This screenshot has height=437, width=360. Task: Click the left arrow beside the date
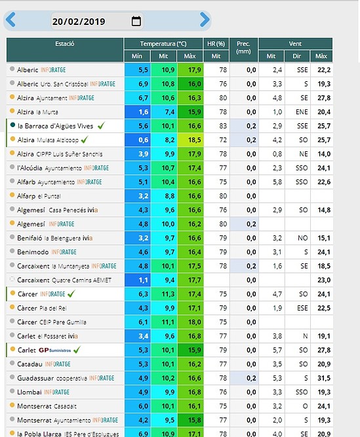point(10,20)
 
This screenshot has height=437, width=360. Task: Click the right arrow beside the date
point(205,20)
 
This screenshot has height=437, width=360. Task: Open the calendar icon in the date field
point(136,21)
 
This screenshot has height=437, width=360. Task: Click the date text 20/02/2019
point(79,22)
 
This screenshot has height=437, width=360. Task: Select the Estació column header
point(65,44)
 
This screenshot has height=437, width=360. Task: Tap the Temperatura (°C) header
point(163,44)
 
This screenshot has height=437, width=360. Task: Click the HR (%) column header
point(216,44)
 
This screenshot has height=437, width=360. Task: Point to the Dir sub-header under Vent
point(296,56)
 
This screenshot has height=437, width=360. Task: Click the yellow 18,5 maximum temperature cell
point(190,140)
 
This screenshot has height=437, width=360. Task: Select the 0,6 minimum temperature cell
point(138,140)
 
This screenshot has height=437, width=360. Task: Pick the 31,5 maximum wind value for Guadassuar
point(324,378)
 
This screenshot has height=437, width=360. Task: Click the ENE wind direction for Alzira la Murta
point(302,112)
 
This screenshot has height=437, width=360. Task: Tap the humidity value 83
point(223,126)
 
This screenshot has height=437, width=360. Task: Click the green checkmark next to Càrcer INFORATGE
point(71,294)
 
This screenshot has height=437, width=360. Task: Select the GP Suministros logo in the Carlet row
point(54,350)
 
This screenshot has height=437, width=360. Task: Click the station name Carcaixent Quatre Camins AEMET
point(64,280)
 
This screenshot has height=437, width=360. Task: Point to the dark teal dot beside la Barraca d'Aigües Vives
point(12,125)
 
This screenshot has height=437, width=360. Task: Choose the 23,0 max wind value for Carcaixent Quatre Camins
point(324,280)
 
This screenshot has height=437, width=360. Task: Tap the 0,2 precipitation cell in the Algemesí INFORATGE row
point(245,224)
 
